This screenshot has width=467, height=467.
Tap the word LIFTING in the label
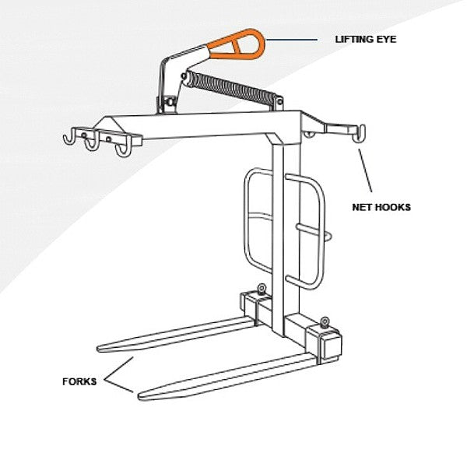click(352, 39)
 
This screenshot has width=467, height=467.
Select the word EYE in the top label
click(387, 39)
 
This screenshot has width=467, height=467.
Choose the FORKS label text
click(79, 382)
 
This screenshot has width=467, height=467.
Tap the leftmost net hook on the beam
click(70, 139)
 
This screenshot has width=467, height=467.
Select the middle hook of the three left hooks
click(93, 143)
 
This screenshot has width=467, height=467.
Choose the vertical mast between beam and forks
click(281, 226)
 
